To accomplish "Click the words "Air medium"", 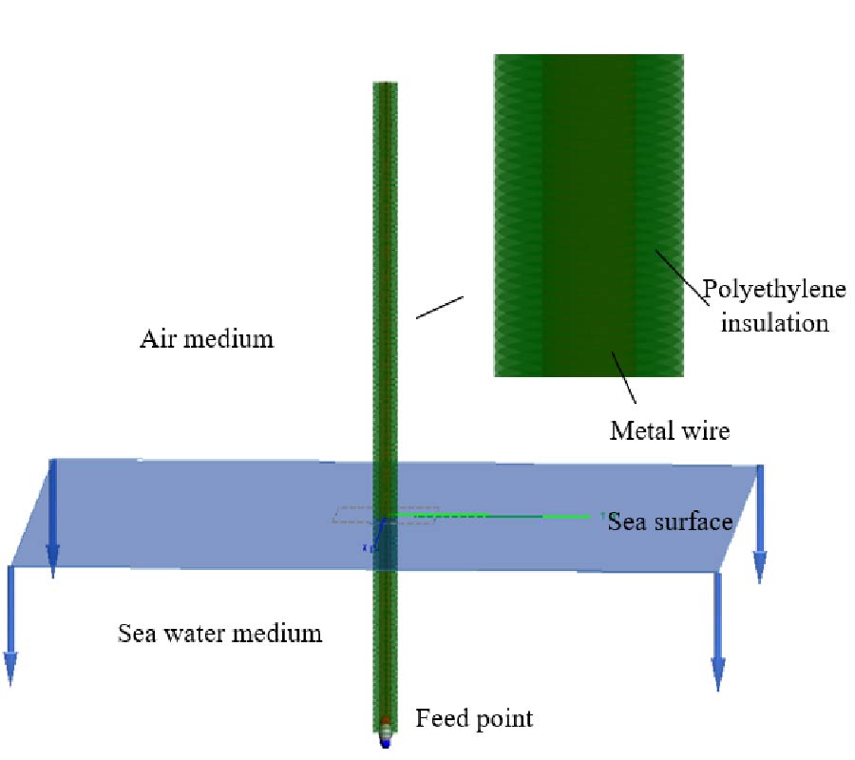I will [x=207, y=338].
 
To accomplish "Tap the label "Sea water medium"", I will [x=219, y=633].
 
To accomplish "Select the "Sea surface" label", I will [x=671, y=521].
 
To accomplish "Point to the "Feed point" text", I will [x=474, y=718].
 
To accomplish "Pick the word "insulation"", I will [x=774, y=322].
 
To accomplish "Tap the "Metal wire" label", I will [x=669, y=430].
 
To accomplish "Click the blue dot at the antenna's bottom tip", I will [x=386, y=744].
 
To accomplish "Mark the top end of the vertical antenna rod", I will [x=386, y=85].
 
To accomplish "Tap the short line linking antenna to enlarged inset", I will [x=440, y=307].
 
